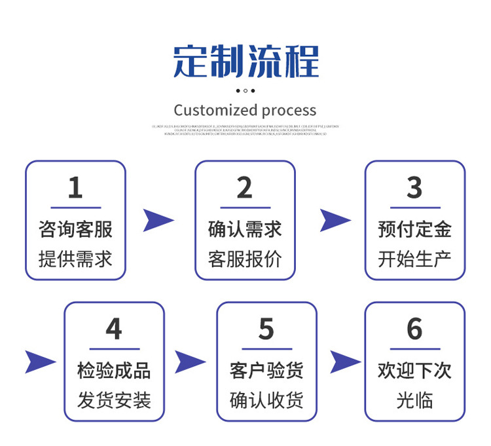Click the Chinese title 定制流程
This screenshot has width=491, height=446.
(x=245, y=62)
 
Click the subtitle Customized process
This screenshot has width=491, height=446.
(x=245, y=110)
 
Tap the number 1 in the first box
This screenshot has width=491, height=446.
(x=75, y=188)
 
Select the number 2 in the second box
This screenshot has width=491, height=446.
(x=244, y=188)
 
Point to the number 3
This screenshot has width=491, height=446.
(x=414, y=188)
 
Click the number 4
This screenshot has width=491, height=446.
(x=114, y=329)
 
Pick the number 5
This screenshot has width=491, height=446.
(x=266, y=329)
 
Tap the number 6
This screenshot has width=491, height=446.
(x=414, y=329)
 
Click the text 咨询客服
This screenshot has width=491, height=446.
(x=75, y=229)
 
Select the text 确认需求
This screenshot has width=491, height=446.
(x=245, y=229)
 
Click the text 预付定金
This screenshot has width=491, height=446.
(x=414, y=229)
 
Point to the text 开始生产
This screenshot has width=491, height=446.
(x=414, y=259)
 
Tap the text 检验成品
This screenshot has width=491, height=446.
(x=114, y=371)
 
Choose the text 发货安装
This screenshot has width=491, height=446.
(x=114, y=400)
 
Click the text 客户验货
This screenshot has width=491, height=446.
(x=266, y=371)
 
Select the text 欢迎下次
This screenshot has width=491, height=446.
(x=414, y=371)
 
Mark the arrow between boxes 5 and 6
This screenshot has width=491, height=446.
(x=344, y=362)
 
